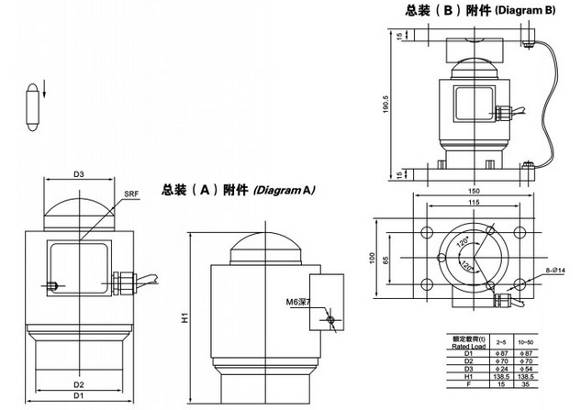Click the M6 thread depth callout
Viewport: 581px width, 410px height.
click(298, 301)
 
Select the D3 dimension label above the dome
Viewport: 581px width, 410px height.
click(79, 173)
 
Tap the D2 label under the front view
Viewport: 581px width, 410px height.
click(79, 384)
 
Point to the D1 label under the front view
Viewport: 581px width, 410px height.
click(79, 398)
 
